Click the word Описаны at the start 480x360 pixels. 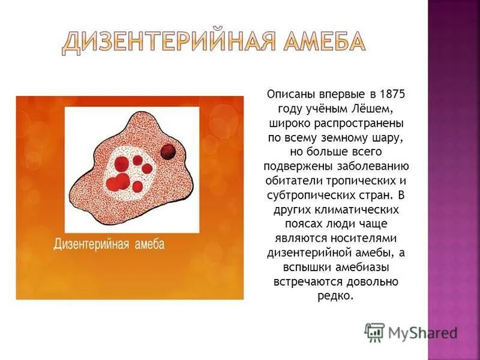287,95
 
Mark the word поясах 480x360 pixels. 286,223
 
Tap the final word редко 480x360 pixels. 335,295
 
